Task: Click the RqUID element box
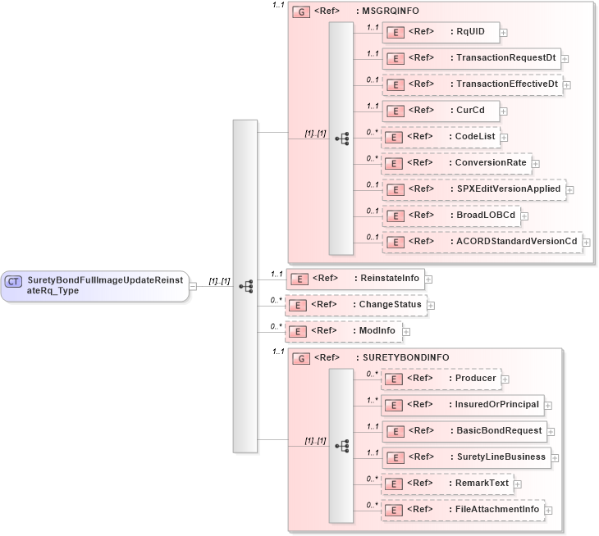[441, 32]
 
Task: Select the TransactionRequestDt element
[471, 58]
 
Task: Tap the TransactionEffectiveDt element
[472, 84]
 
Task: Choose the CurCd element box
[441, 111]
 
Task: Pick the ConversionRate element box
[455, 163]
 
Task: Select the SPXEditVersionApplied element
[473, 189]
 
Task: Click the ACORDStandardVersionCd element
[482, 242]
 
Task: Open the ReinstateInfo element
[348, 279]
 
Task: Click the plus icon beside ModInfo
[406, 332]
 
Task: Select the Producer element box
[441, 379]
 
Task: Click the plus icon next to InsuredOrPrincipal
[548, 405]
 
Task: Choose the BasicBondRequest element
[464, 431]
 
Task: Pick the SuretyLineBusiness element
[466, 457]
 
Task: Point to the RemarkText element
[447, 484]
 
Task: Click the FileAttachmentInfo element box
[463, 510]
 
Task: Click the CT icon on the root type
[13, 281]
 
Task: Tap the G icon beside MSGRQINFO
[301, 13]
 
